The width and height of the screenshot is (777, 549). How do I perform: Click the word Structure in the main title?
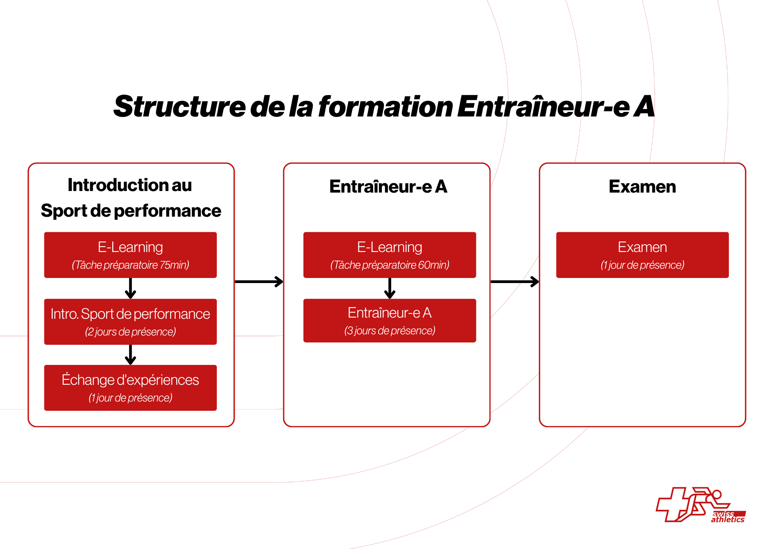[179, 106]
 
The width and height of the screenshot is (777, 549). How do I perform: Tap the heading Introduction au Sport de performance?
[131, 198]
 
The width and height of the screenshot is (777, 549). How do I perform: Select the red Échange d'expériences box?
[131, 387]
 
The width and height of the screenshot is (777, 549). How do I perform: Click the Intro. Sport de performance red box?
[131, 321]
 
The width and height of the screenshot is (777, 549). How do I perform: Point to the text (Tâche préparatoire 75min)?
[131, 265]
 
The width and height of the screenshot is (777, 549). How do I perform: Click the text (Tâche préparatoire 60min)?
[390, 265]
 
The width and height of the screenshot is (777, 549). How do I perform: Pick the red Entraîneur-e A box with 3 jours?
[390, 320]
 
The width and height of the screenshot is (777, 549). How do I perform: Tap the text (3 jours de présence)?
[390, 331]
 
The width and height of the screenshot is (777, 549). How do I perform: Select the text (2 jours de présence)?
[131, 332]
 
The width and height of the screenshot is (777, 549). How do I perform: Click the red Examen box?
[643, 255]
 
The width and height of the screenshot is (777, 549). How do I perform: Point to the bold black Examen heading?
[643, 187]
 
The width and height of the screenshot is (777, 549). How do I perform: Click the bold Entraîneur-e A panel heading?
[388, 187]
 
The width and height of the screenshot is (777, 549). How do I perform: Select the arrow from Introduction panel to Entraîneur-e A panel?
[259, 281]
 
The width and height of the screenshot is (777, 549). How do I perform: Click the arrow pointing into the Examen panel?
[515, 281]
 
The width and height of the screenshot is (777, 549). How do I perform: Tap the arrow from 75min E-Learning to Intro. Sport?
[131, 288]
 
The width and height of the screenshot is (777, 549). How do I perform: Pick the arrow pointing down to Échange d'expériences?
[131, 354]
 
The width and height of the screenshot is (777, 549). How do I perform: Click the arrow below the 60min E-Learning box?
[390, 288]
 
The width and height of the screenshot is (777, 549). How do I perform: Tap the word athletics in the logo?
[728, 519]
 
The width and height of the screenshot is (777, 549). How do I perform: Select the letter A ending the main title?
[644, 106]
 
